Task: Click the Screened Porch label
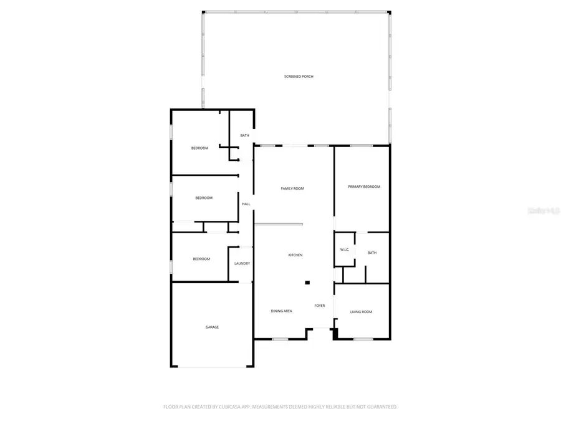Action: pyautogui.click(x=299, y=76)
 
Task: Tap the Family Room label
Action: pyautogui.click(x=292, y=188)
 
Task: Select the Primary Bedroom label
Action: pyautogui.click(x=364, y=186)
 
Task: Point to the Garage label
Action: pyautogui.click(x=213, y=327)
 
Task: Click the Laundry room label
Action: pyautogui.click(x=242, y=263)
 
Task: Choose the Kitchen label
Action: pyautogui.click(x=295, y=255)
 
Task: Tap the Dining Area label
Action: pyautogui.click(x=281, y=311)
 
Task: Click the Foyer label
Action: pyautogui.click(x=319, y=306)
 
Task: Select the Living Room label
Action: pyautogui.click(x=361, y=311)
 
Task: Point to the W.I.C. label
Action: pyautogui.click(x=344, y=249)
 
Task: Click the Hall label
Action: pyautogui.click(x=246, y=204)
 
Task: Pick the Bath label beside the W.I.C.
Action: pyautogui.click(x=372, y=253)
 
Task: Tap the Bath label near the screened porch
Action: pyautogui.click(x=245, y=135)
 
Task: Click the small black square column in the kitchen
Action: pyautogui.click(x=307, y=283)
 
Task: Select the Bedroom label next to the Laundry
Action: pyautogui.click(x=201, y=259)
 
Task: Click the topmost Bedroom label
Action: pyautogui.click(x=199, y=148)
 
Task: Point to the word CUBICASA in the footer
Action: pyautogui.click(x=226, y=407)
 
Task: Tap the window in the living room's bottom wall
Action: pyautogui.click(x=363, y=339)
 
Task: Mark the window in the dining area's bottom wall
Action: pyautogui.click(x=280, y=339)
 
